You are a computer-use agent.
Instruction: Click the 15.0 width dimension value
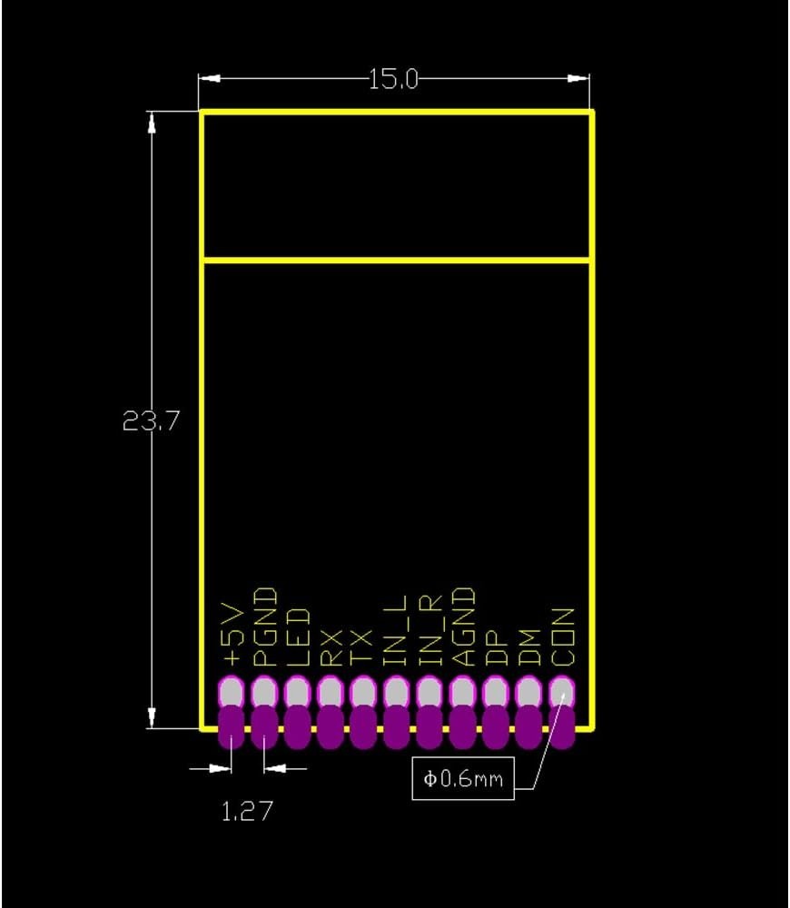[393, 80]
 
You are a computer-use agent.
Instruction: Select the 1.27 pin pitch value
[247, 810]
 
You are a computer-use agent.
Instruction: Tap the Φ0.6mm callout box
[463, 779]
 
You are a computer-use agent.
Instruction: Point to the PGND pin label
[264, 627]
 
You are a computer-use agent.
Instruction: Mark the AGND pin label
[462, 627]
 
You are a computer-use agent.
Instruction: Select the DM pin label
[528, 644]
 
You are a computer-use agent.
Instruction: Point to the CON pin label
[562, 637]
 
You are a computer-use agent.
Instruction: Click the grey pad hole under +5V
[232, 694]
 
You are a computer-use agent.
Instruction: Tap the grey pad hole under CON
[562, 694]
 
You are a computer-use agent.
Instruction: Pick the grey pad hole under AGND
[462, 694]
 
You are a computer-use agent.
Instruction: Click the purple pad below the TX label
[363, 729]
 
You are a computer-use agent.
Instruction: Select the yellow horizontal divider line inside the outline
[396, 262]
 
